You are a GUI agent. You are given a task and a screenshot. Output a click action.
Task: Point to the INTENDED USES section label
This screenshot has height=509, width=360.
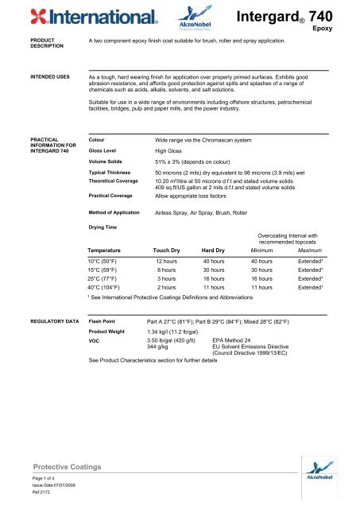(x=30, y=77)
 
